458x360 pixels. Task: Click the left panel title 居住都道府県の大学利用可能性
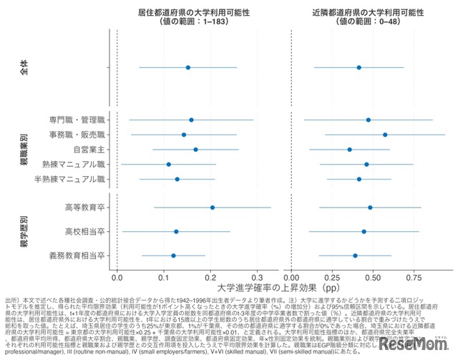click(187, 12)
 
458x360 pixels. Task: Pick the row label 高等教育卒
click(84, 208)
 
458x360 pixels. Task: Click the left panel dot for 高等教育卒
click(213, 208)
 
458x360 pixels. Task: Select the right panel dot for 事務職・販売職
click(385, 135)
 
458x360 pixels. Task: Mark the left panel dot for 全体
click(188, 68)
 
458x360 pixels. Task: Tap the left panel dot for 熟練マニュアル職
click(169, 164)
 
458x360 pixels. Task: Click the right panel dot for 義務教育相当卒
click(355, 256)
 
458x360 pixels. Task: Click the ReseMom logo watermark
click(417, 343)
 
